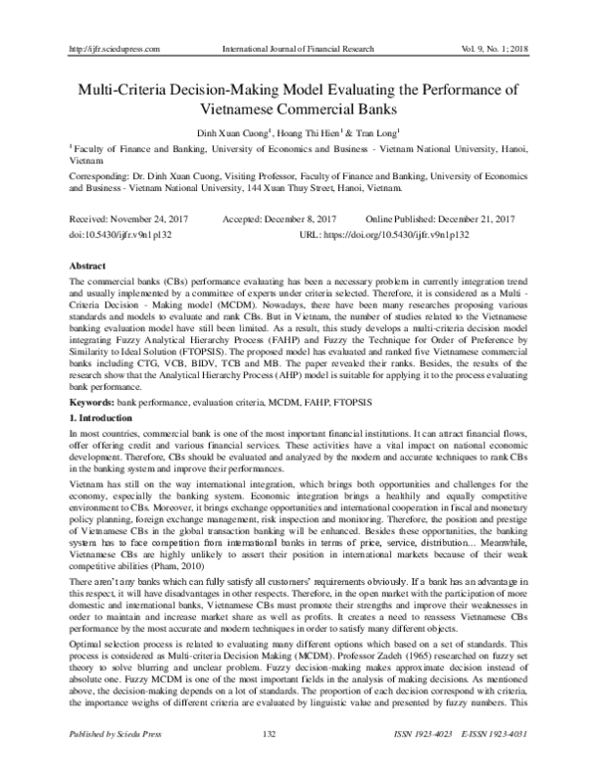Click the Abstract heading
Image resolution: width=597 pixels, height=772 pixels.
(x=86, y=268)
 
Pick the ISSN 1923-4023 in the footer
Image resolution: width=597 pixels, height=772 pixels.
(x=425, y=761)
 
